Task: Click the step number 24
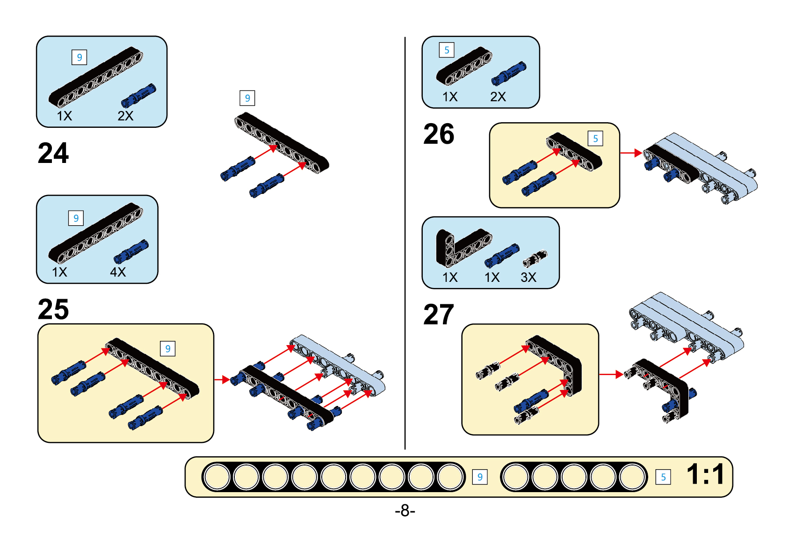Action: (53, 153)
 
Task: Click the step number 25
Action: (53, 309)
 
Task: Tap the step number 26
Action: (439, 134)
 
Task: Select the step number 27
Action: (439, 314)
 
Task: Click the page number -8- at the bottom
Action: (405, 510)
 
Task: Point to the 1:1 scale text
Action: (706, 474)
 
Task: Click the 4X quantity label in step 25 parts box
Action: (118, 272)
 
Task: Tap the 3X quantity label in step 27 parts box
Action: (528, 277)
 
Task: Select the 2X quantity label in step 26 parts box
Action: (498, 97)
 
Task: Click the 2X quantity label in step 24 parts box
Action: (125, 116)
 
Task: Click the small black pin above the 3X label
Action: (535, 258)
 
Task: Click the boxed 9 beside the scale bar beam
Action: (480, 477)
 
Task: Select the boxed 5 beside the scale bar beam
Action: (663, 477)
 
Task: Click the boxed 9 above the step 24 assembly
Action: (247, 98)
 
